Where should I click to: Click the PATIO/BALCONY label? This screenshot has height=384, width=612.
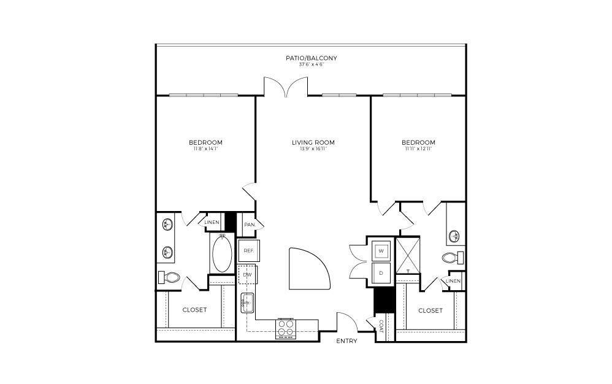[x=311, y=58]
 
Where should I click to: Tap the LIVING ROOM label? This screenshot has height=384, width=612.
[x=313, y=142]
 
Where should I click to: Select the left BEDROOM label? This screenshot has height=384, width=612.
[x=205, y=142]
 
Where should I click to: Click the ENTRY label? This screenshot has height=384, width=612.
[x=347, y=341]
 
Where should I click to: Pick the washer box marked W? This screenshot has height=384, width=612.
[x=381, y=251]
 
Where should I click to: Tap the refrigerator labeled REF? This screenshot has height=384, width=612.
[x=248, y=250]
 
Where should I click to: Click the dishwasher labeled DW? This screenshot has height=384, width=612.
[x=248, y=275]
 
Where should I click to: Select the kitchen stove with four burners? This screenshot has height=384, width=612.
[x=286, y=328]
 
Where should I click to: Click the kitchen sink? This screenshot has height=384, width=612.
[x=248, y=302]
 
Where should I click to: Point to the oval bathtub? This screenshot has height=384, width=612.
[x=222, y=254]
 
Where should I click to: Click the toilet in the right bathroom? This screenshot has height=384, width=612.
[x=453, y=257]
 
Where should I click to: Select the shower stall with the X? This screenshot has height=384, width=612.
[x=407, y=254]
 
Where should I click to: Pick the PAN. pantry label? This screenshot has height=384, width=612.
[x=249, y=225]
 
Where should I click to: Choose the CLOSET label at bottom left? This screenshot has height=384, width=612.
[x=194, y=310]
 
